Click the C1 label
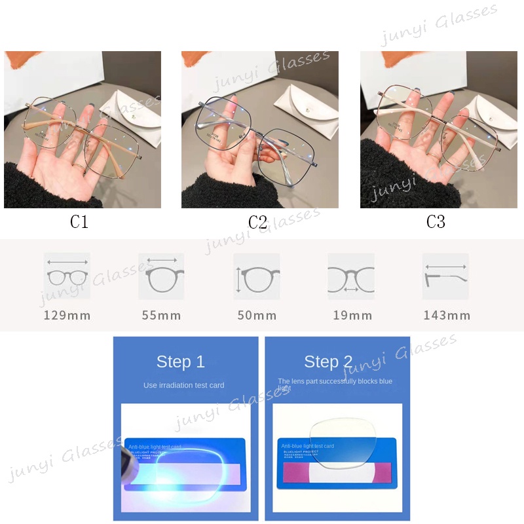click(79, 222)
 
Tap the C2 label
click(257, 222)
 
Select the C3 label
click(436, 222)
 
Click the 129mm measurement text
click(67, 316)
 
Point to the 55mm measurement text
click(161, 316)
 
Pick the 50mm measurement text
click(257, 316)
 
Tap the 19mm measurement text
click(352, 316)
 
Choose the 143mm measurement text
click(447, 316)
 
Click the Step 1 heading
click(180, 362)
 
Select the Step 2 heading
click(328, 362)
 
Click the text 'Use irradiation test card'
click(184, 385)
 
